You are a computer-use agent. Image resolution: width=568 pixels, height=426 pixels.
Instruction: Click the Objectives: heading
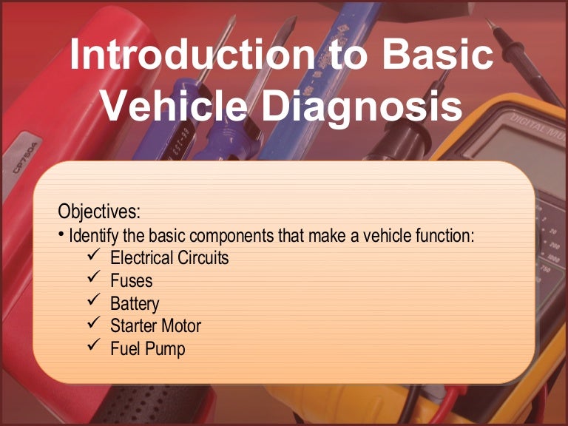coord(98,212)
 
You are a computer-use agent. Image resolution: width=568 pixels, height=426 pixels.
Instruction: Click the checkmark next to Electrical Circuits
coord(93,257)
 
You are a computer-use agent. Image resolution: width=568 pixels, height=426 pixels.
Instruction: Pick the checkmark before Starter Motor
coord(93,324)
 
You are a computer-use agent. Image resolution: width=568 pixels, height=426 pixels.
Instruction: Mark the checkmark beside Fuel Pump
coord(93,346)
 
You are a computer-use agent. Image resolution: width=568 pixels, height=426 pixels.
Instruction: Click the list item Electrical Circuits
coord(169,258)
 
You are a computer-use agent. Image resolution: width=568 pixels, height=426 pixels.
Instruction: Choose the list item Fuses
coord(132,281)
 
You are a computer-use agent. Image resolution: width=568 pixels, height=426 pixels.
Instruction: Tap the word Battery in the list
coord(135,303)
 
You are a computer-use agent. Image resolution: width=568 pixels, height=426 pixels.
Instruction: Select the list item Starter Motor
coord(155,325)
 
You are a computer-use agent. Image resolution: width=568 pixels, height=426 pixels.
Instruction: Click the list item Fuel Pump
coord(147,348)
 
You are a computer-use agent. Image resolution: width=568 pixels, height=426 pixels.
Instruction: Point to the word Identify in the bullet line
coord(92,237)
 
